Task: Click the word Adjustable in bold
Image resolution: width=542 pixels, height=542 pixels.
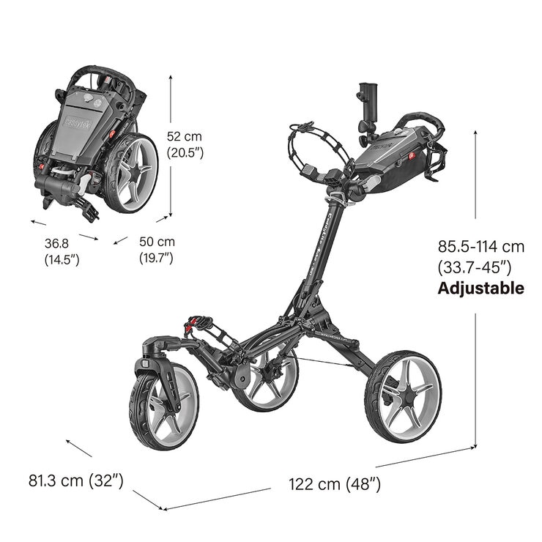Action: (480, 288)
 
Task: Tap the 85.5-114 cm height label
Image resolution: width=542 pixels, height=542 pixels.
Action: (480, 246)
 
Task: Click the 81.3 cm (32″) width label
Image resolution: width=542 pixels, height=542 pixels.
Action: (75, 480)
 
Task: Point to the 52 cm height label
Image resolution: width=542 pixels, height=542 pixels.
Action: (184, 136)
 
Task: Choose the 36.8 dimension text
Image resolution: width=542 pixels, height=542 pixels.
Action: (55, 242)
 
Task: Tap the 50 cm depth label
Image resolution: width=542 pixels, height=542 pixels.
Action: (157, 242)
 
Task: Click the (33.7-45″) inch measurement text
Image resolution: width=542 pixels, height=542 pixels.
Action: (474, 267)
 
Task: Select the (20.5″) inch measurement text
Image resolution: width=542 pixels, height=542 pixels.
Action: (185, 153)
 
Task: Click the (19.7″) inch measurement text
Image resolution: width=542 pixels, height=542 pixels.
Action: (156, 258)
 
